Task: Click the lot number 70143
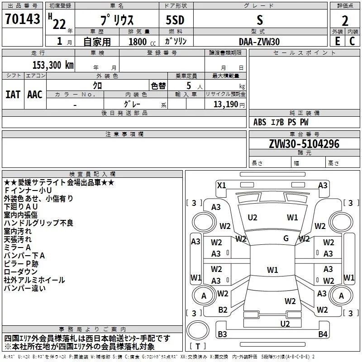tap(22, 19)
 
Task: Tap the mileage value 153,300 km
tap(52, 65)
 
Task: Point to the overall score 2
tap(345, 21)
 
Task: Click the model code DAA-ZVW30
tap(259, 41)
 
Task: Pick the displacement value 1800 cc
tap(138, 42)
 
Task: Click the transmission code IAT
tap(13, 95)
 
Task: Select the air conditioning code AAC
tap(34, 95)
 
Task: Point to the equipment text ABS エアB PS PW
tap(281, 122)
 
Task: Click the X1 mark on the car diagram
tap(221, 185)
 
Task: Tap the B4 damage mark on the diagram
tap(322, 334)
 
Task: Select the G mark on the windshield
tap(286, 238)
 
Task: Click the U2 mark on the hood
tap(252, 218)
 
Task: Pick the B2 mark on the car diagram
tap(223, 310)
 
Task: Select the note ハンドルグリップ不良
tap(38, 223)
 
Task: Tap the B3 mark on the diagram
tap(222, 334)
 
